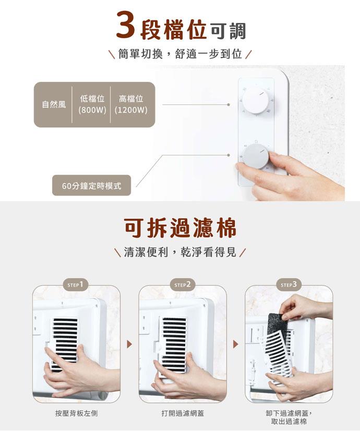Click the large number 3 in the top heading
126,24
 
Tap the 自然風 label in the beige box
54,104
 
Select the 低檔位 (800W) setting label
92,104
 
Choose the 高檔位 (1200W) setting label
131,104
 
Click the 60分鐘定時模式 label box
91,186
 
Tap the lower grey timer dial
255,156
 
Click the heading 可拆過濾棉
180,228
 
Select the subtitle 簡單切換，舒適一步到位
180,54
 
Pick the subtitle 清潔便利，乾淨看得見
180,252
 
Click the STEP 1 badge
76,285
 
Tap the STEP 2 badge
183,285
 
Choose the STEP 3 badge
289,285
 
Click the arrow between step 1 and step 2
129,344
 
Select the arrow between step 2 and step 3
235,344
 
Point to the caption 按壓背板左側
76,413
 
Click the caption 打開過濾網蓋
183,413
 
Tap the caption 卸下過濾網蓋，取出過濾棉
289,417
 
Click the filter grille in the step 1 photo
65,343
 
